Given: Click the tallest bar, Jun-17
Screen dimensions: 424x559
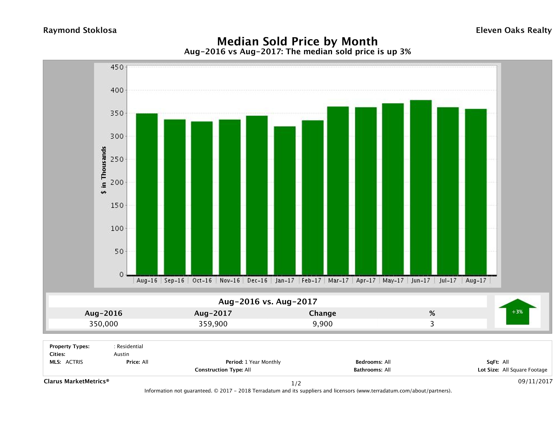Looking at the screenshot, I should pyautogui.click(x=421, y=187).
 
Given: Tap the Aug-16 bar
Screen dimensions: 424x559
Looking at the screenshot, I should pyautogui.click(x=147, y=194).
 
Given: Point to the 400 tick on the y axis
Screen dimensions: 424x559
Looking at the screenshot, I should pyautogui.click(x=117, y=90).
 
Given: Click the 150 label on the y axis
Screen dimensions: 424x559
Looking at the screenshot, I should pyautogui.click(x=117, y=205).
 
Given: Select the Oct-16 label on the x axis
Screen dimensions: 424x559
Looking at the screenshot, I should pyautogui.click(x=202, y=280).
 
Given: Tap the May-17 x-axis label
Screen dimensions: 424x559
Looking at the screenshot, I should pyautogui.click(x=393, y=280).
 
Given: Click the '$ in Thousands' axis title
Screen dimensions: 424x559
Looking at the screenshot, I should pyautogui.click(x=104, y=170).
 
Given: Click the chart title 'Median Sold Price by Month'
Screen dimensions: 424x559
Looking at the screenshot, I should pyautogui.click(x=297, y=41).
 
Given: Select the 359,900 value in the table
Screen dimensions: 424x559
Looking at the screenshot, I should pyautogui.click(x=213, y=324).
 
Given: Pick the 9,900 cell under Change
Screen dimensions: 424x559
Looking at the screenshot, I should pyautogui.click(x=323, y=324).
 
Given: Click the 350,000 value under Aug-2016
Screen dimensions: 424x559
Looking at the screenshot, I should pyautogui.click(x=104, y=324).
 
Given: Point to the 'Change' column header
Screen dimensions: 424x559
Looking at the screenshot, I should pyautogui.click(x=323, y=313).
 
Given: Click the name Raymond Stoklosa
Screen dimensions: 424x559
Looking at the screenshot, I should pyautogui.click(x=80, y=30).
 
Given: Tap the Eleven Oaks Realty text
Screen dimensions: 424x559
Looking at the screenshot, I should pyautogui.click(x=513, y=30).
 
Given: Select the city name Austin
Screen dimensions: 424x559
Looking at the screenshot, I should pyautogui.click(x=121, y=354).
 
